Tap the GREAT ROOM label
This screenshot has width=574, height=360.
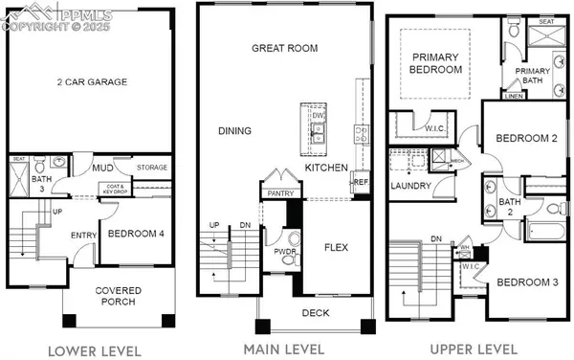[x=284, y=48]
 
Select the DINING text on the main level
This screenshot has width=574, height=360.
[x=234, y=131]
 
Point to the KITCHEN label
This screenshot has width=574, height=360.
[x=326, y=168]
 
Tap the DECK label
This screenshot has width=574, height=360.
[x=316, y=312]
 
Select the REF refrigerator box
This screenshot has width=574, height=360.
[x=361, y=181]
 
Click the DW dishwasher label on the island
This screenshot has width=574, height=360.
[x=319, y=116]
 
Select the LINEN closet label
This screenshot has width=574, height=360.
[x=513, y=96]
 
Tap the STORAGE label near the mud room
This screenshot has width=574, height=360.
[x=152, y=169]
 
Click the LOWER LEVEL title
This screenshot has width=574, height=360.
[x=95, y=349]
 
